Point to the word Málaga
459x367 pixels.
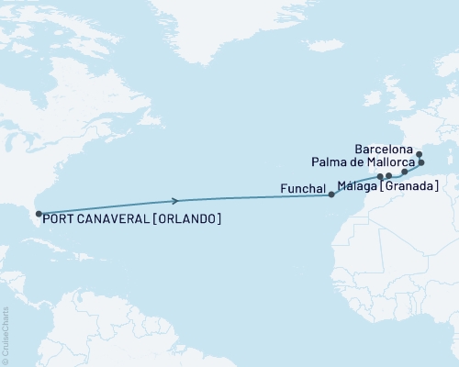[x=357, y=186]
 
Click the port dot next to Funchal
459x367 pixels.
[x=331, y=195]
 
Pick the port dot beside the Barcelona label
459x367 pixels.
[x=418, y=153]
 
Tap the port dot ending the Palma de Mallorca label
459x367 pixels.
[x=421, y=163]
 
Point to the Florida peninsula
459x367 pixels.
[x=35, y=221]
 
